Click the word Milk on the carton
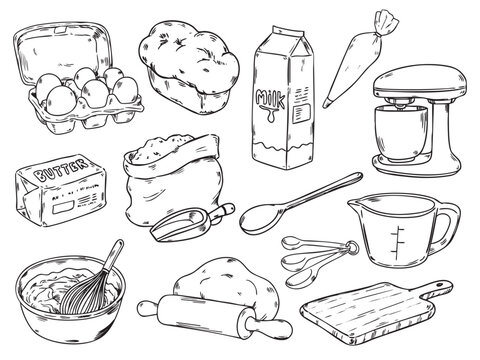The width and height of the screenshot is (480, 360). pos(270,98)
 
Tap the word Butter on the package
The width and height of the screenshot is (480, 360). pos(62,170)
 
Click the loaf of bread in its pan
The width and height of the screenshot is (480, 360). pos(189,67)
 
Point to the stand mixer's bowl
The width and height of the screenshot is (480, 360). pos(401,132)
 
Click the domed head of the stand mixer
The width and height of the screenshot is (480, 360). pos(420,80)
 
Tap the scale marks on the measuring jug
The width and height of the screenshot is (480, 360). pos(398,242)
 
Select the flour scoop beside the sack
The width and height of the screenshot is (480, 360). pos(192,222)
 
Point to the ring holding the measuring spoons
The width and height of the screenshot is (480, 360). pos(352,247)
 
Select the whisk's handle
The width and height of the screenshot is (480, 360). pos(114,255)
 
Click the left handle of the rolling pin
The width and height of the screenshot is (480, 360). pos(148,309)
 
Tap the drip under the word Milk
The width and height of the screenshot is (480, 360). pos(271,114)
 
